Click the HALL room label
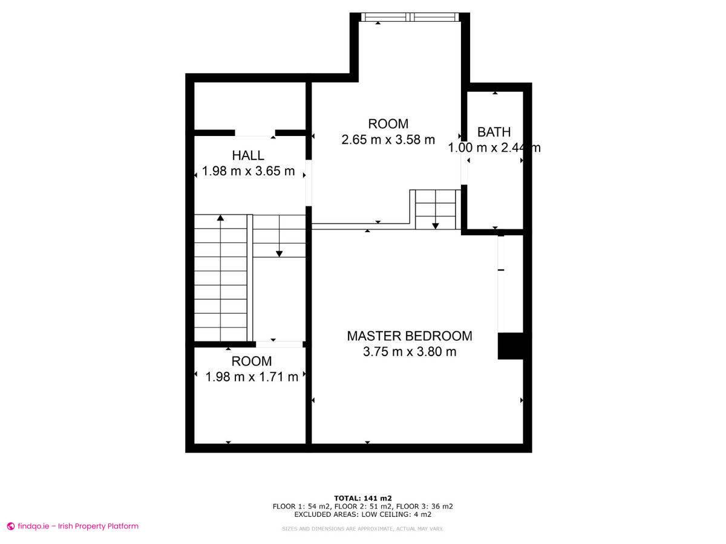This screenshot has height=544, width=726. coord(247,155)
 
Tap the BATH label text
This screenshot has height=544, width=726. coord(494,132)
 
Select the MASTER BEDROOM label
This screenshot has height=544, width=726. coord(409,336)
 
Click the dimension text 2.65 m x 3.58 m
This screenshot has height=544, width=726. coord(388,140)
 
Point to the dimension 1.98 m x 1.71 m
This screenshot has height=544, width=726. coord(251,377)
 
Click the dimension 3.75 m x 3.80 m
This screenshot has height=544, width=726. coord(409,351)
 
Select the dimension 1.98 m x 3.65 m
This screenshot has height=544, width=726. coord(248,171)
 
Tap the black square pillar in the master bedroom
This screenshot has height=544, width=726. coord(511,346)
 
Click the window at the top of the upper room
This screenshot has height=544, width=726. coord(410,17)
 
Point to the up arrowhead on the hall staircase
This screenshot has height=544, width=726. coord(220,218)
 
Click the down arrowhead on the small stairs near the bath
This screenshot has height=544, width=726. coord(435,226)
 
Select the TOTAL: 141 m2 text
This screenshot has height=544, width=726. coord(362,498)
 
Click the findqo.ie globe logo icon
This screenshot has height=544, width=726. coord(10,526)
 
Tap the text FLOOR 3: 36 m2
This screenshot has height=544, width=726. coord(424,507)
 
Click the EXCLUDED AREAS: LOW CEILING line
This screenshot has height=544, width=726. coord(362,514)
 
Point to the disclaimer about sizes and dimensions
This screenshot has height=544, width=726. coord(362,529)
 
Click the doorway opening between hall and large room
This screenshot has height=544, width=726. coord(309,183)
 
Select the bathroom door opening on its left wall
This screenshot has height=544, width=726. coord(464,163)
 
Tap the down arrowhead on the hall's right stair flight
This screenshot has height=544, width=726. coord(279,254)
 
